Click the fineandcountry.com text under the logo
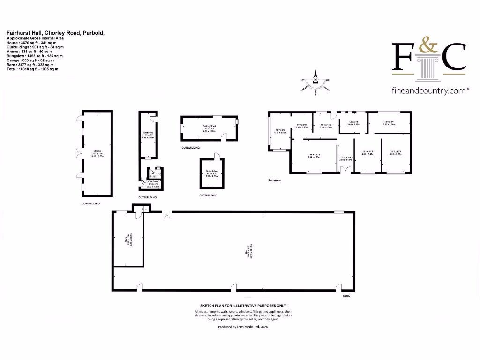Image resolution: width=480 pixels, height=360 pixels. [430, 91]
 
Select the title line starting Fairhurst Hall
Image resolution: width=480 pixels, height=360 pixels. [55, 33]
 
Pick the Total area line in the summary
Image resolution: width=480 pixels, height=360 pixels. [32, 69]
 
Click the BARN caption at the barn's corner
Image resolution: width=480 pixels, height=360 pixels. [346, 296]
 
